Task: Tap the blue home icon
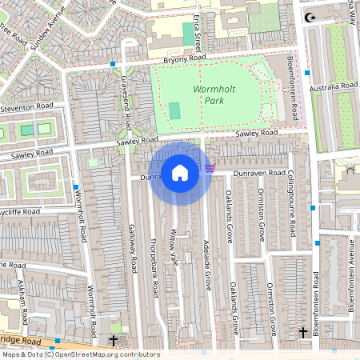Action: tap(180, 173)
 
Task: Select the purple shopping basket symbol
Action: tap(210, 167)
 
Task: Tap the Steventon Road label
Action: tap(26, 106)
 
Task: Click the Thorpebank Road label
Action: tap(152, 263)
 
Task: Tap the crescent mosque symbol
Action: tap(309, 16)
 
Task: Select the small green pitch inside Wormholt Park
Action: tap(174, 110)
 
